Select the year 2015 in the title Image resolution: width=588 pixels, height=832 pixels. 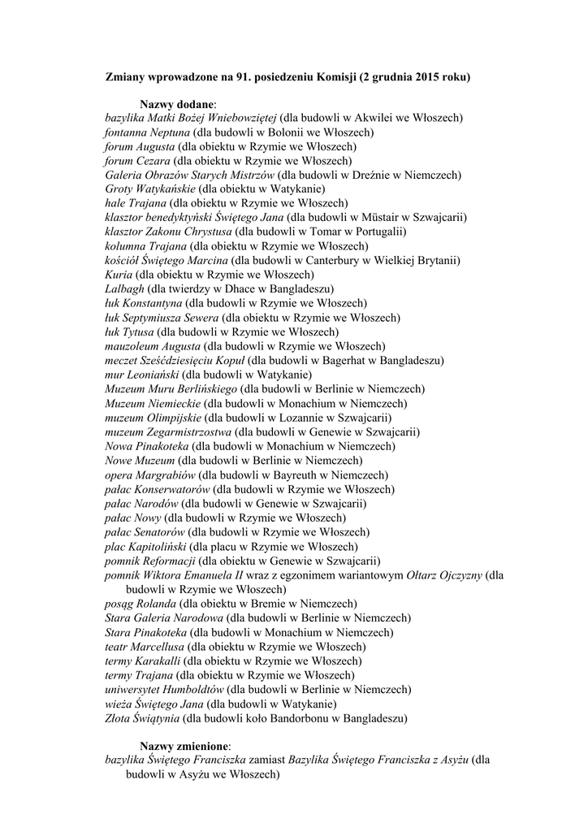coord(431,77)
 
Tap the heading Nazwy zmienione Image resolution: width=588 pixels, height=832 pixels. coord(185,746)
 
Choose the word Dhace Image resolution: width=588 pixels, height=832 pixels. coord(236,288)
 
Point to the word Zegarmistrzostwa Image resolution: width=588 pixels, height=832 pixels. coord(184,431)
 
